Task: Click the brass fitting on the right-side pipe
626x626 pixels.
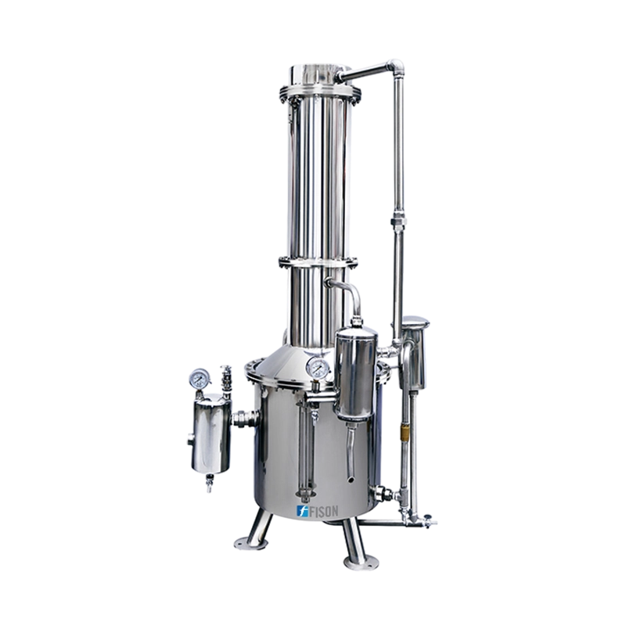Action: point(406,431)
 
